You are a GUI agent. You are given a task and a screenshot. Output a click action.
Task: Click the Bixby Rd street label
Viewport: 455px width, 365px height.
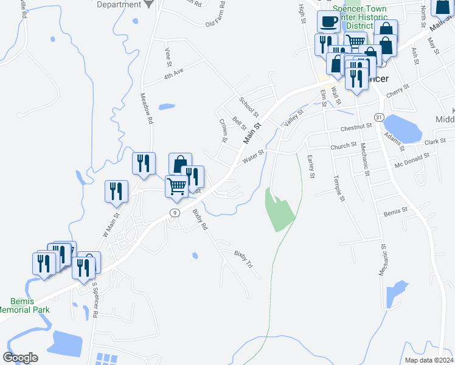click(x=200, y=219)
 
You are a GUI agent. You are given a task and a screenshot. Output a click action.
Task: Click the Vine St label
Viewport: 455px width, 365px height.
click(x=168, y=55)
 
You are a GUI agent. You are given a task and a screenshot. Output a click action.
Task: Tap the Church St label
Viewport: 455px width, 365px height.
click(x=344, y=146)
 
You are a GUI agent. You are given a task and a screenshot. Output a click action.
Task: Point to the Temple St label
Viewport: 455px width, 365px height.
click(x=339, y=189)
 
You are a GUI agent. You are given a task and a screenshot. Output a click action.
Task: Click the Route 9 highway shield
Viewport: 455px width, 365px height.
click(x=175, y=212)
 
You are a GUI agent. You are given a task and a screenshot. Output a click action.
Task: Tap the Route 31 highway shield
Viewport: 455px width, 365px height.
click(x=379, y=116)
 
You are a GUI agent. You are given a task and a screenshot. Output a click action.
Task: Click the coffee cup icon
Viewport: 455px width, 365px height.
click(x=329, y=22)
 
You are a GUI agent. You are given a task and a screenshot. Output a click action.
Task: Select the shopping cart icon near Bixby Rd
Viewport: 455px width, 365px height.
click(x=176, y=186)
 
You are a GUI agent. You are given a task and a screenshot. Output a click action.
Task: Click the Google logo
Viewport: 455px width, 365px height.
click(x=21, y=357)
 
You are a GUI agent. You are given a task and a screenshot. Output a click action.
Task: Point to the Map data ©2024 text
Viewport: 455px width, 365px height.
click(x=428, y=360)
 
